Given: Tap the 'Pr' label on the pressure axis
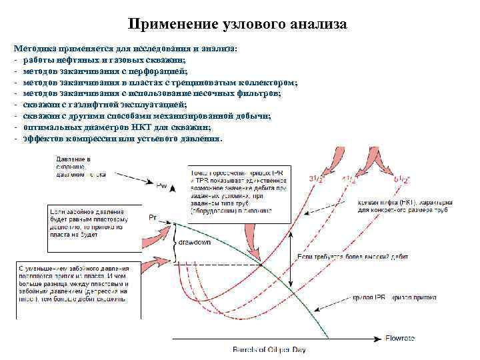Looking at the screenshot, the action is (153, 217).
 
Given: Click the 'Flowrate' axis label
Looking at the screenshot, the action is (400, 339).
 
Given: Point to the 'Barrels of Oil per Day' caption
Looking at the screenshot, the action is (269, 349).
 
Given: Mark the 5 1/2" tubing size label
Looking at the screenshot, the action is (403, 179).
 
